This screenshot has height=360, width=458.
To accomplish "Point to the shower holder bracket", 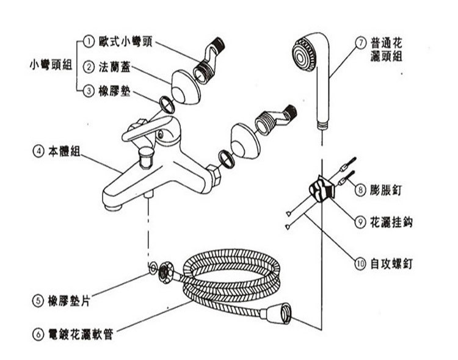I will tap(320, 189).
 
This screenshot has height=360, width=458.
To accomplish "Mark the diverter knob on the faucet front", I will tap(147, 157).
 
